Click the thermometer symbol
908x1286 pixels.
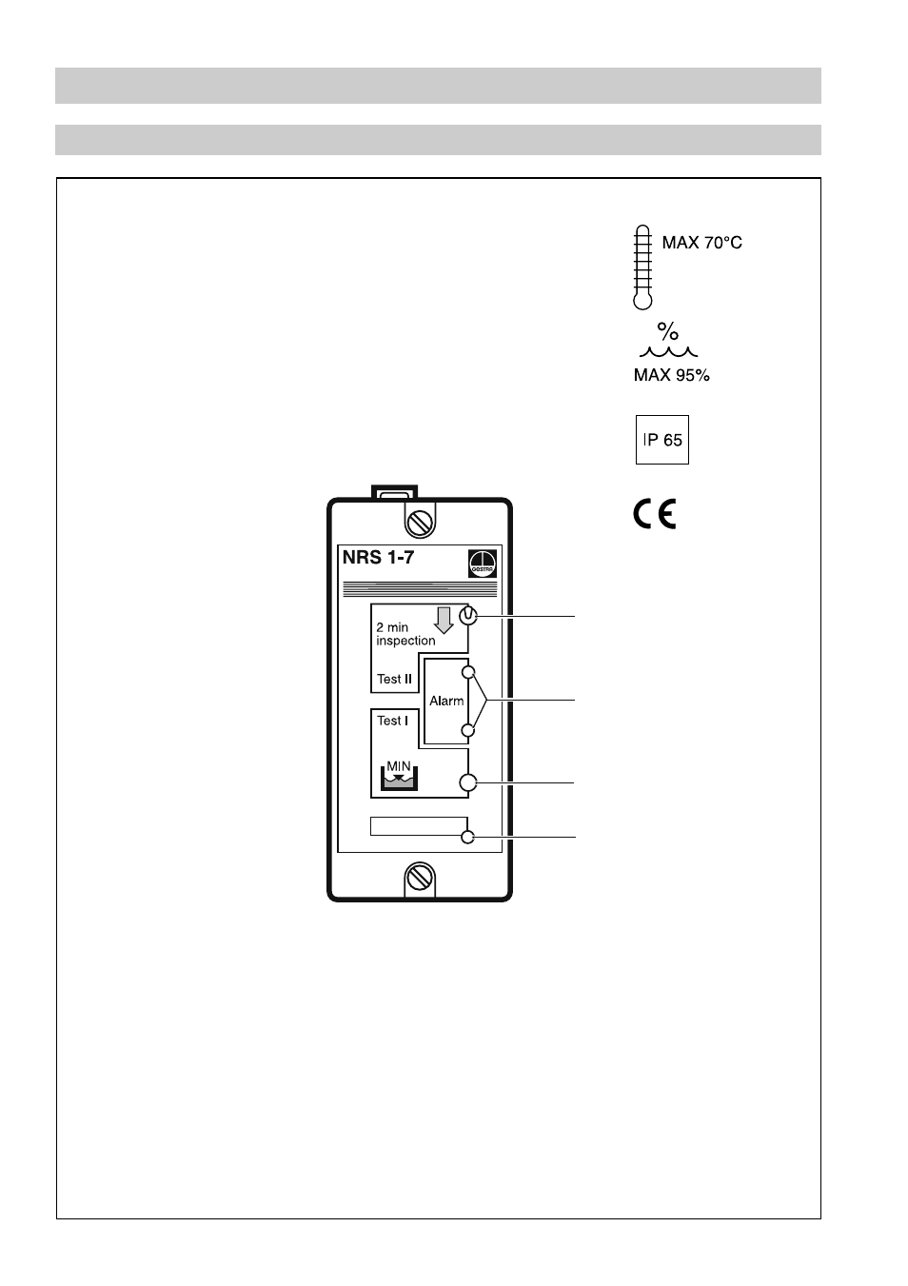coord(642,267)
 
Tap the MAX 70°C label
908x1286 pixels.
coord(701,243)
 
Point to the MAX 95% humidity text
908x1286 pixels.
coord(671,375)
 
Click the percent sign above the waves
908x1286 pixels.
coord(668,332)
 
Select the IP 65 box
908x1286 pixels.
coord(661,440)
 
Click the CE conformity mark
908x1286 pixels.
coord(655,515)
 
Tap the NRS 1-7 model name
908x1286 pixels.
coord(378,558)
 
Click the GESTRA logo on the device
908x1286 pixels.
coord(483,564)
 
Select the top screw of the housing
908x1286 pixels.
coord(420,522)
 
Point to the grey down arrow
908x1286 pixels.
coord(443,620)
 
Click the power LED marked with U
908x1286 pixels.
coord(467,616)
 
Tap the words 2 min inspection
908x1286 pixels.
coord(405,634)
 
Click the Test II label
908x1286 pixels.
coord(394,679)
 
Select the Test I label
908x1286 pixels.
coord(392,721)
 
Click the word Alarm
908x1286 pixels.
coord(446,701)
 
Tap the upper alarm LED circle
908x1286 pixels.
coord(467,672)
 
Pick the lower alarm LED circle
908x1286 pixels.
coord(467,731)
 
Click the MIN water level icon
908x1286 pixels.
coord(398,776)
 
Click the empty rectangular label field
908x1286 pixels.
coord(418,825)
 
